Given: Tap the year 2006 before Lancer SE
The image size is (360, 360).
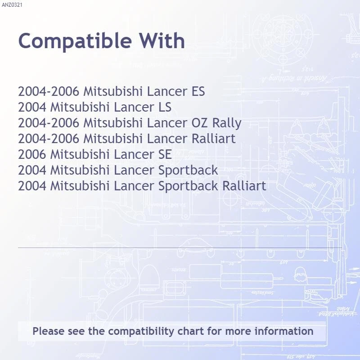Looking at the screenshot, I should tap(32, 154).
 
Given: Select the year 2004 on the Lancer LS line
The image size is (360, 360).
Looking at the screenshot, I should tap(32, 108).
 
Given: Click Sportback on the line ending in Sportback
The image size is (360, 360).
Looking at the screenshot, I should tap(188, 170).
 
